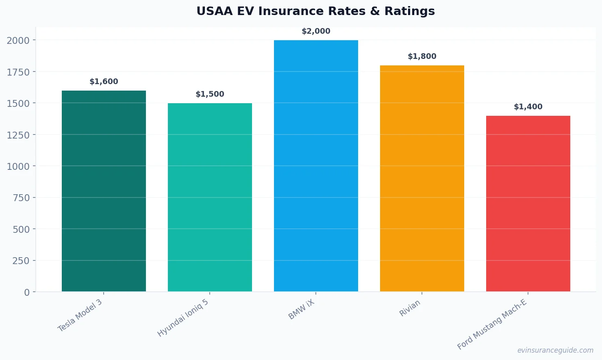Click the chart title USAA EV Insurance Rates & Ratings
tap(315, 11)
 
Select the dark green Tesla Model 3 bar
tap(104, 191)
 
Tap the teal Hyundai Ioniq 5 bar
tap(210, 197)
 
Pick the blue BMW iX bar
tap(316, 166)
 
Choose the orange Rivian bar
tap(422, 178)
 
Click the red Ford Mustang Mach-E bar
tap(528, 204)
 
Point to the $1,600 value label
tap(104, 82)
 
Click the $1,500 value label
tap(210, 94)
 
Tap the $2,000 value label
tap(316, 31)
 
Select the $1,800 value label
tap(422, 56)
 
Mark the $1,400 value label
tap(528, 107)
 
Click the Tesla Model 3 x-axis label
tap(80, 316)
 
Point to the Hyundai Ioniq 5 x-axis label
tap(183, 318)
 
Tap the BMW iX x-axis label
tap(301, 310)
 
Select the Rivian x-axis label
tap(410, 308)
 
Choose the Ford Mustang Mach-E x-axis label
tap(492, 324)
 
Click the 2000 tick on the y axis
tap(18, 40)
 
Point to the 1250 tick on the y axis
tap(18, 135)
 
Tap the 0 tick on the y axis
tap(27, 292)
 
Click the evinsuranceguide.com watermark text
tap(555, 350)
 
